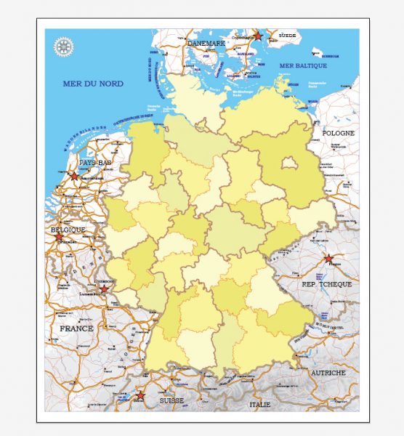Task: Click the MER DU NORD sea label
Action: coord(93,84)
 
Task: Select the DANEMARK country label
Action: coord(207,43)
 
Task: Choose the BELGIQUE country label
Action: coord(68,230)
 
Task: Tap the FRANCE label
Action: coord(76,328)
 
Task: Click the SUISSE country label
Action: coord(172,400)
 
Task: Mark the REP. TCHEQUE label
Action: coord(326,284)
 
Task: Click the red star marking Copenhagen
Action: coord(257,35)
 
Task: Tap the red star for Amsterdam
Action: coord(73,175)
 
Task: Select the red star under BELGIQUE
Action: coord(59,237)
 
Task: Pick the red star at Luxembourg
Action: coord(103,289)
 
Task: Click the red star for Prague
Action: coord(328,259)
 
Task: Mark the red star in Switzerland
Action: coord(140,396)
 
